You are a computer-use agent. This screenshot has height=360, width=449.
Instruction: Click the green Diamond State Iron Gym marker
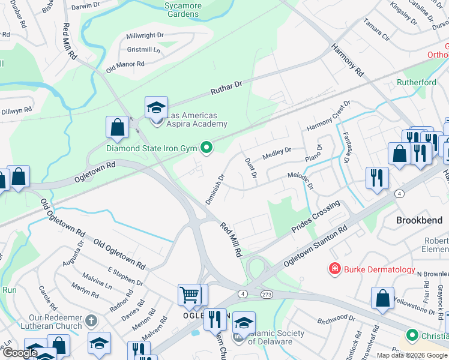click(207, 147)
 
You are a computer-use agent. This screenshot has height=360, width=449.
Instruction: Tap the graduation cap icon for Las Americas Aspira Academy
click(156, 108)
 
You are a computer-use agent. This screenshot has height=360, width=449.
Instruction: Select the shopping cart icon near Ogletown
click(190, 295)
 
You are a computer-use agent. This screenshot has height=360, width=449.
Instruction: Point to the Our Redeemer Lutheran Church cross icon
click(91, 321)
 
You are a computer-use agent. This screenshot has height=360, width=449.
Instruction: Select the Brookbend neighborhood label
click(419, 220)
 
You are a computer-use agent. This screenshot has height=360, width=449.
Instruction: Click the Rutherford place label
click(416, 82)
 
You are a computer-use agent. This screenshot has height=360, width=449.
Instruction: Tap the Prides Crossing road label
click(316, 217)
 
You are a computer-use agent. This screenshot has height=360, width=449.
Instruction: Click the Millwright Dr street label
click(145, 35)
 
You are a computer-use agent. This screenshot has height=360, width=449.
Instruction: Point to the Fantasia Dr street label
click(346, 148)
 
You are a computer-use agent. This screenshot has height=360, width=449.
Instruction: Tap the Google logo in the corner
click(20, 353)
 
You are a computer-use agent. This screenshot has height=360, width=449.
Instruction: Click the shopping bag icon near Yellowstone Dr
click(382, 298)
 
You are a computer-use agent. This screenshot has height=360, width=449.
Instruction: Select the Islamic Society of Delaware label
click(276, 337)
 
